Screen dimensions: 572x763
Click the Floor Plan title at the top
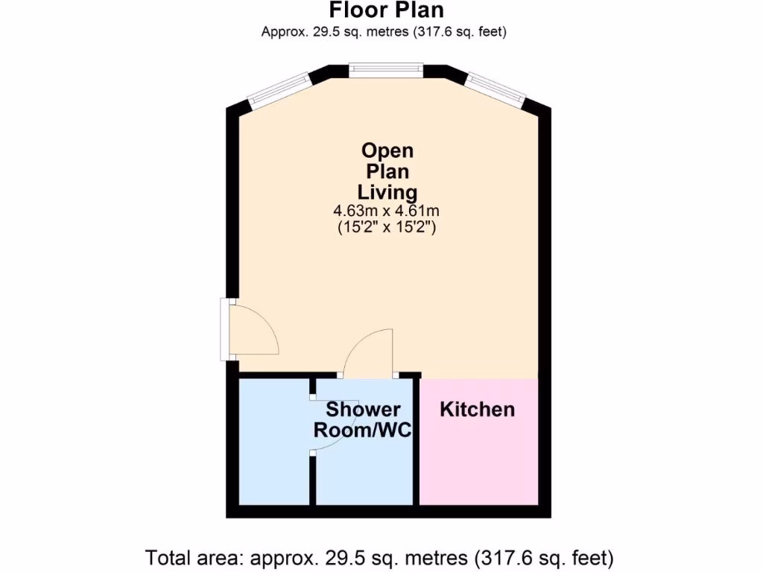(386, 10)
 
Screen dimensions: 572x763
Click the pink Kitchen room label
(477, 409)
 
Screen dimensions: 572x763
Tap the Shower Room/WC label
(363, 420)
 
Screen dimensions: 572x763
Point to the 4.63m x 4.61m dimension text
(387, 212)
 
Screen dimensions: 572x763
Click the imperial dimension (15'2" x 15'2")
(387, 229)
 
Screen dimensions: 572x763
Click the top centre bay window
(387, 70)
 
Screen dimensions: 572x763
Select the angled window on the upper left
(279, 88)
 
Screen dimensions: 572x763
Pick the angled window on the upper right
(496, 88)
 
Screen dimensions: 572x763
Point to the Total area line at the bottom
(380, 557)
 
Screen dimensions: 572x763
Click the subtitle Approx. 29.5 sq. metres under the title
(384, 31)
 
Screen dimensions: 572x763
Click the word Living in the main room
(387, 193)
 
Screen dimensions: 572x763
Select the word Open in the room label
(387, 150)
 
